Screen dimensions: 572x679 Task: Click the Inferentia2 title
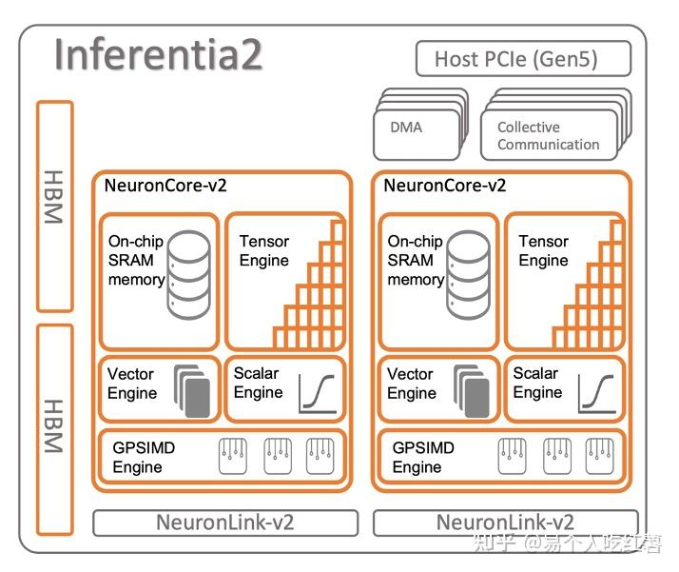pos(158,55)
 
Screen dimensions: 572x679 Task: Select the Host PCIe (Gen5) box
pos(523,59)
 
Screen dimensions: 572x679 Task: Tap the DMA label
pos(406,127)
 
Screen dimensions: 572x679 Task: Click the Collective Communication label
pos(548,136)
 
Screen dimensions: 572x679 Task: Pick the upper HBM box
pos(54,206)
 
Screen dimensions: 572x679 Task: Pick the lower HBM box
pos(54,428)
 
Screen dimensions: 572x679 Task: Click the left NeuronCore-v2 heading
pos(166,186)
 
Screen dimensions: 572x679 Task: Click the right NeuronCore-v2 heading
pos(445,186)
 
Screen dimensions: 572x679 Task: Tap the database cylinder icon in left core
pos(188,276)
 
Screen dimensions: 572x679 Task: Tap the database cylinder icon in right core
pos(468,276)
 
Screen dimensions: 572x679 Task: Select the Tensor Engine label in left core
pos(264,251)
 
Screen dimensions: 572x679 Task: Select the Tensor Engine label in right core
pos(543,251)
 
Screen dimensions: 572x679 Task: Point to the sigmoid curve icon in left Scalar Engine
pos(317,391)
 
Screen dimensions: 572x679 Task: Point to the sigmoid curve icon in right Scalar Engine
pos(596,391)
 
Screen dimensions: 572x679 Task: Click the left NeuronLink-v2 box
pos(225,523)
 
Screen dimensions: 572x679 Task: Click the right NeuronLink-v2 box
pos(504,523)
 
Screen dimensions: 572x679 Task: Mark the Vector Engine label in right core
pos(411,384)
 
